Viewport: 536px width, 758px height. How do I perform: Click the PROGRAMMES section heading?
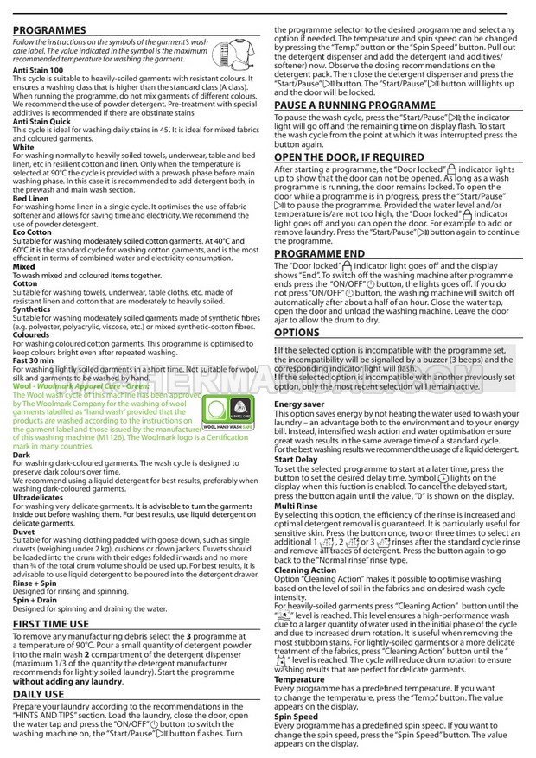click(x=49, y=29)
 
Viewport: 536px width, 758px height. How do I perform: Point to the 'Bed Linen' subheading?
click(x=31, y=198)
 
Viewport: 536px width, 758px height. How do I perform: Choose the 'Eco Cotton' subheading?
click(x=33, y=232)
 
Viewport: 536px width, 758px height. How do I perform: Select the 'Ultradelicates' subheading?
click(x=37, y=498)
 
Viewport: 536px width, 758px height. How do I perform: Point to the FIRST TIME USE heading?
click(x=50, y=622)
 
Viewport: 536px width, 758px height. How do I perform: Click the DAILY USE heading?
click(x=38, y=694)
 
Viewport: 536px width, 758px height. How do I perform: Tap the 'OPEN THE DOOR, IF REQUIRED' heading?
click(x=349, y=157)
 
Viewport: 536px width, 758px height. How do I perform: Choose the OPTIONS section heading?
click(x=297, y=332)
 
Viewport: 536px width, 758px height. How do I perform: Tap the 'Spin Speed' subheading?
click(x=297, y=716)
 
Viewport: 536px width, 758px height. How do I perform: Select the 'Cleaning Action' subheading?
click(x=305, y=570)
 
